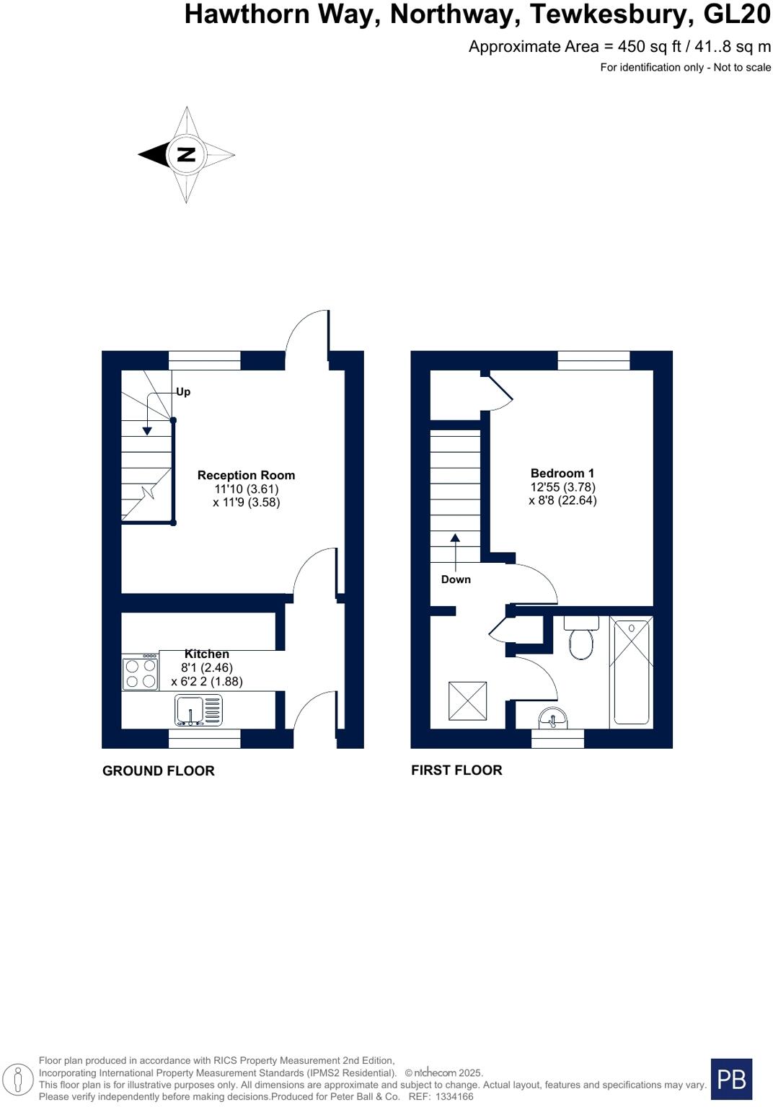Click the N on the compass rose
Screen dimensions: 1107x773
pyautogui.click(x=186, y=154)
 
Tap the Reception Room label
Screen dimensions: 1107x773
pyautogui.click(x=246, y=475)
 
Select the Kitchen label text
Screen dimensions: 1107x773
pyautogui.click(x=207, y=654)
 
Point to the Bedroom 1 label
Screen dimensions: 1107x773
pyautogui.click(x=562, y=473)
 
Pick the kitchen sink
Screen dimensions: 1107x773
pyautogui.click(x=198, y=710)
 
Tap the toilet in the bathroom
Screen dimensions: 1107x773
pyautogui.click(x=580, y=639)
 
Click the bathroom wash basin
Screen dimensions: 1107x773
pyautogui.click(x=553, y=718)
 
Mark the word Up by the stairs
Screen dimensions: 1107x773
pyautogui.click(x=183, y=392)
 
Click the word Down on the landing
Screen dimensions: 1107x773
pyautogui.click(x=456, y=579)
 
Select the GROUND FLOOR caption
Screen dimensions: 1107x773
pyautogui.click(x=159, y=770)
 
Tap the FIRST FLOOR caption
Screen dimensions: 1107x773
pyautogui.click(x=456, y=770)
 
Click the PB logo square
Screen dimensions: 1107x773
pyautogui.click(x=731, y=1079)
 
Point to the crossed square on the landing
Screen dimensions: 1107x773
pyautogui.click(x=467, y=701)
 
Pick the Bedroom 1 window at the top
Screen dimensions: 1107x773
pyautogui.click(x=593, y=360)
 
